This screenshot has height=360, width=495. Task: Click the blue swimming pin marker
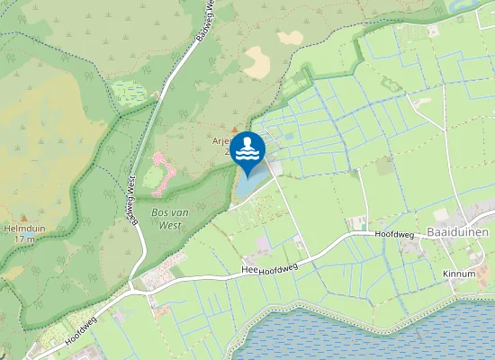coord(247,149)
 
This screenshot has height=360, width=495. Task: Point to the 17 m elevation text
coord(24,239)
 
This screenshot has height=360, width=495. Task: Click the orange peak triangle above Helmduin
coord(23,217)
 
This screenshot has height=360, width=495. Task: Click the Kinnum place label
coord(459,273)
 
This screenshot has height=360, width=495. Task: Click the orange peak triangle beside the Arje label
coord(236,130)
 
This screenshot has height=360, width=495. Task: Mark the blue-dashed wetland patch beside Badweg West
coord(128,93)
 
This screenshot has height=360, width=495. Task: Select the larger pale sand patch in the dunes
coord(258,63)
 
